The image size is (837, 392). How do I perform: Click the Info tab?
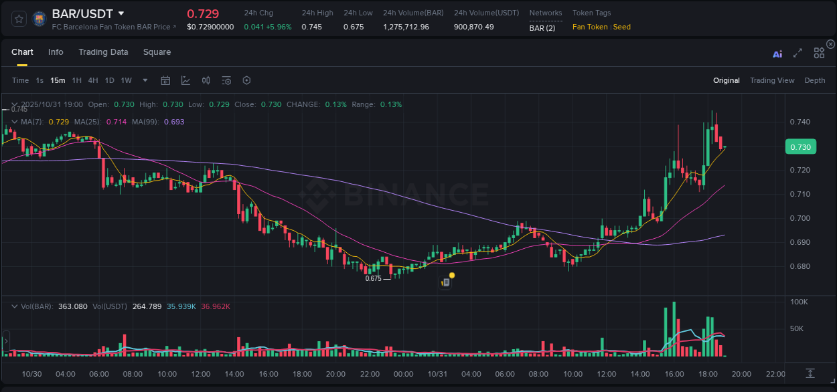click(56, 52)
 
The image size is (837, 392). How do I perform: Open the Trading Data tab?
click(103, 52)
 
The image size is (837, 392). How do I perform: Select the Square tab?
click(157, 52)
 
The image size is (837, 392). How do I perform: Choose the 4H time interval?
click(93, 80)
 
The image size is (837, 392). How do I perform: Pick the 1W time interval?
click(126, 80)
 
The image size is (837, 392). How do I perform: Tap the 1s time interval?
click(40, 80)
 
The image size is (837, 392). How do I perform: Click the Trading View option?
click(772, 80)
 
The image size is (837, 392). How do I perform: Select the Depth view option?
click(815, 80)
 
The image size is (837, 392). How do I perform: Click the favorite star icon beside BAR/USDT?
click(19, 19)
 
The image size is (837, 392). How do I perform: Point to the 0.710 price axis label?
click(800, 194)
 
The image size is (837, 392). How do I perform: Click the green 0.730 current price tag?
click(800, 147)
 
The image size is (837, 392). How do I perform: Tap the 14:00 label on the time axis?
click(234, 374)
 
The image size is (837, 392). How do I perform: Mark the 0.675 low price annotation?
click(373, 278)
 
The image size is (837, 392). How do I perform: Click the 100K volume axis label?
click(799, 302)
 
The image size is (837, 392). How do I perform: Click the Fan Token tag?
click(590, 27)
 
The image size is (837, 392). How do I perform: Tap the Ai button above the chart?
click(777, 54)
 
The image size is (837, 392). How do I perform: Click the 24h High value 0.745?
click(311, 27)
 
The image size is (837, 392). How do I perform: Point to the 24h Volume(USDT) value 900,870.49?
click(473, 27)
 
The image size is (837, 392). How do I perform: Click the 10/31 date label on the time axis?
click(437, 374)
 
